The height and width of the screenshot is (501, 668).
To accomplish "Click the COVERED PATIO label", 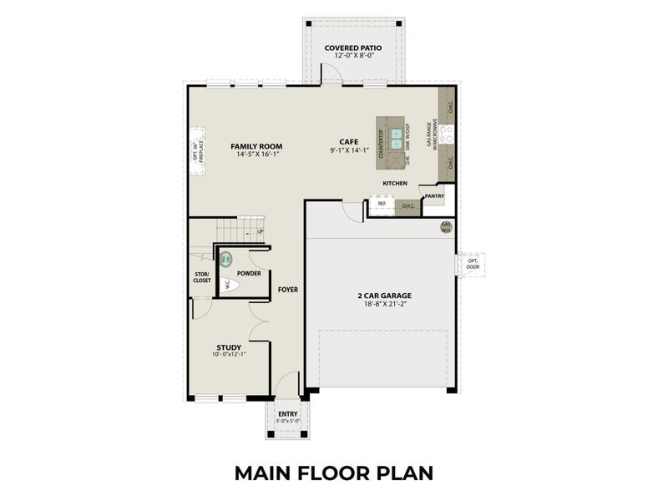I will [x=352, y=48].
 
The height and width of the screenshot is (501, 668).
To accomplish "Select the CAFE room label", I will [x=348, y=142].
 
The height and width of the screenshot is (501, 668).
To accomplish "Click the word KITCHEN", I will [x=395, y=183].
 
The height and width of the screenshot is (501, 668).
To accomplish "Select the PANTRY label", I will [x=434, y=196].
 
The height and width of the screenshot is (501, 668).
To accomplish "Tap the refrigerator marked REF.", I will [x=382, y=204].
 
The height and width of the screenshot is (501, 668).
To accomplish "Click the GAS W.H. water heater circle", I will [x=447, y=226].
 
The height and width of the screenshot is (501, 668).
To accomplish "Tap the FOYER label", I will [x=288, y=290].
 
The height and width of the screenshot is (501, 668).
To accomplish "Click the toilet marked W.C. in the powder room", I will [x=230, y=285].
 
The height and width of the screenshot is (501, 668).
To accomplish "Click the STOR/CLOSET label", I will [x=202, y=277].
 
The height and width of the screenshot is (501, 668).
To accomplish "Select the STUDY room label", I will [x=229, y=347].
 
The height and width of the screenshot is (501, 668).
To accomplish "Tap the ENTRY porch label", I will [x=287, y=413].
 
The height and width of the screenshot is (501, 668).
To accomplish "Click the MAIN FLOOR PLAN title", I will [x=334, y=473].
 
